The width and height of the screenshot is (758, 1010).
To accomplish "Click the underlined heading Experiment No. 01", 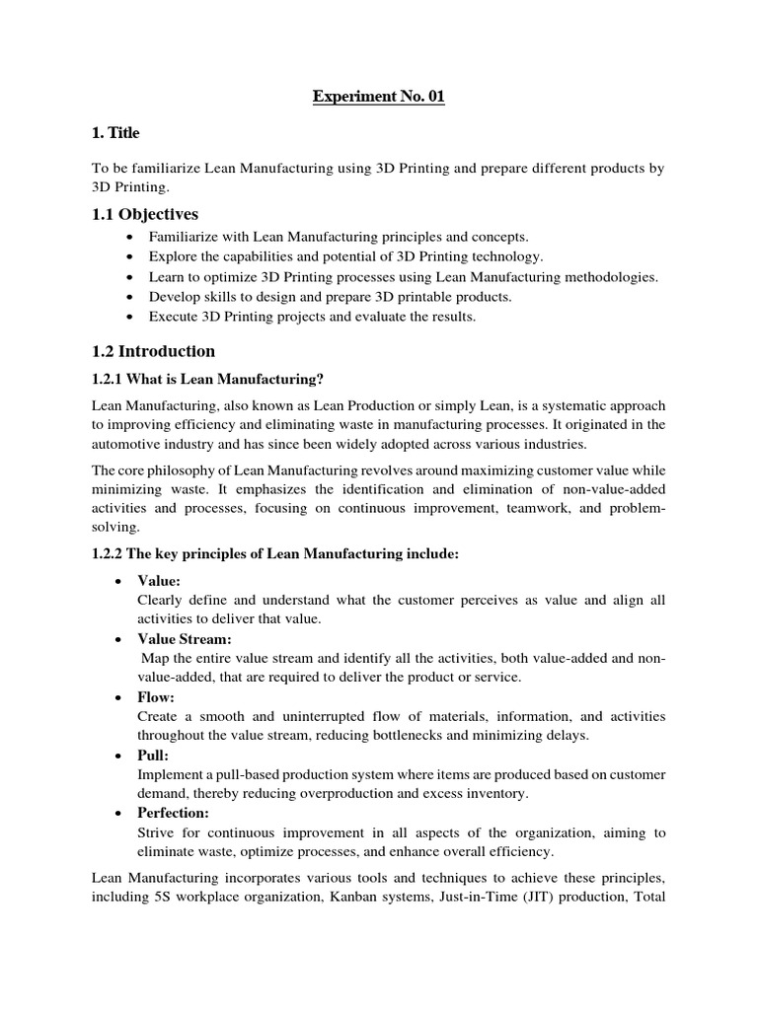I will click(x=378, y=97).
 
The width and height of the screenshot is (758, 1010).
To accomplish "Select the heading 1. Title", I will click(x=115, y=133).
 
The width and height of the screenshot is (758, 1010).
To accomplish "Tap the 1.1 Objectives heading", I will click(x=144, y=214).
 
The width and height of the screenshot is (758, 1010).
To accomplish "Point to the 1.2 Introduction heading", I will click(x=153, y=351).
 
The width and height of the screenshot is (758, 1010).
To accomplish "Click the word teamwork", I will click(x=535, y=508).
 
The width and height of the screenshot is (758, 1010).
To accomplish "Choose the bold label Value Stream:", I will click(x=185, y=638).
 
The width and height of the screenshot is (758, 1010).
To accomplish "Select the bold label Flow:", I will click(x=156, y=696).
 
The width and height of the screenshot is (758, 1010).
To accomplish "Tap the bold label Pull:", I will click(x=154, y=755).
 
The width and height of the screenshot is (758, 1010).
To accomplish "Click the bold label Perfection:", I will click(x=174, y=813).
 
